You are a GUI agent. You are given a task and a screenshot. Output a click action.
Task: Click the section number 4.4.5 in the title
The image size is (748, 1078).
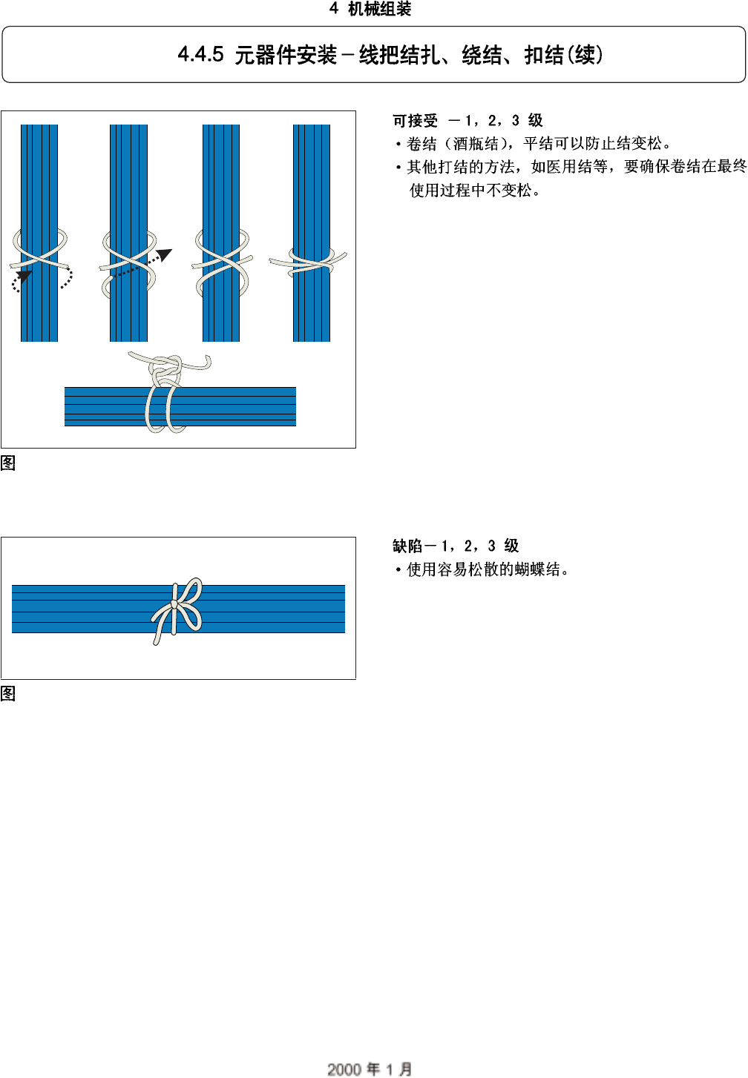tap(200, 55)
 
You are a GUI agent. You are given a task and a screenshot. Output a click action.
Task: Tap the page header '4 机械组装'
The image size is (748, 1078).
tap(370, 9)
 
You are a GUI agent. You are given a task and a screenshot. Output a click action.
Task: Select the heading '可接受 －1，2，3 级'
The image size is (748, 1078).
tap(467, 121)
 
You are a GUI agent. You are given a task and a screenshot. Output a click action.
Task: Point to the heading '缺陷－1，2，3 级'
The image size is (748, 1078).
tap(456, 546)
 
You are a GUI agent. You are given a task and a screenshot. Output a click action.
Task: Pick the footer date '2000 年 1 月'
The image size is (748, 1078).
tap(370, 1068)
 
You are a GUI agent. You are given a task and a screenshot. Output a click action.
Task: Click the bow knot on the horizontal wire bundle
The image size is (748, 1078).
tap(176, 606)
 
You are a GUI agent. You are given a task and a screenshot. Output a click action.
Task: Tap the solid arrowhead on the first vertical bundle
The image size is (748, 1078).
tap(24, 277)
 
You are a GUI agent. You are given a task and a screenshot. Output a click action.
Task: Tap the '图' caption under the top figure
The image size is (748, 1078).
tap(8, 463)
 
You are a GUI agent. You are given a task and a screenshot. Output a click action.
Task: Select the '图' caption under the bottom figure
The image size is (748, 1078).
tap(8, 694)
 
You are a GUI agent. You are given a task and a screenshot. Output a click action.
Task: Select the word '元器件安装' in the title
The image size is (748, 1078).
tap(286, 55)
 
